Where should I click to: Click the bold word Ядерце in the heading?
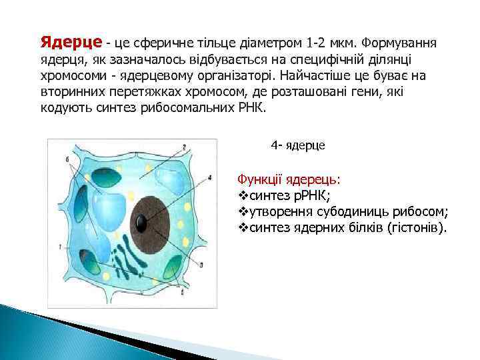71,43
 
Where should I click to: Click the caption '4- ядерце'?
298,145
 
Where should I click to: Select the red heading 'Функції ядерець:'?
289,180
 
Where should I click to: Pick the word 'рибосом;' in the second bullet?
423,212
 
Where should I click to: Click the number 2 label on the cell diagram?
183,147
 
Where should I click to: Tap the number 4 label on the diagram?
209,178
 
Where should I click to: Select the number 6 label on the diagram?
67,159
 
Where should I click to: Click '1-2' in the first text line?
313,43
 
